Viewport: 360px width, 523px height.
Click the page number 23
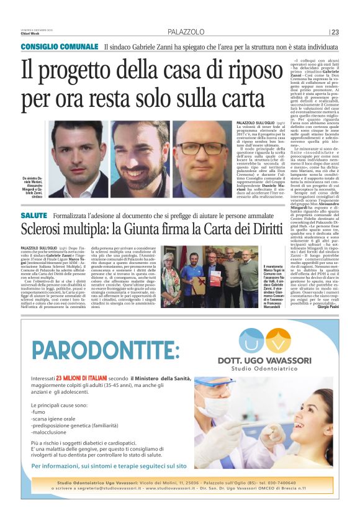point(335,32)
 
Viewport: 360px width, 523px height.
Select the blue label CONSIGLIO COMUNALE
point(60,47)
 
